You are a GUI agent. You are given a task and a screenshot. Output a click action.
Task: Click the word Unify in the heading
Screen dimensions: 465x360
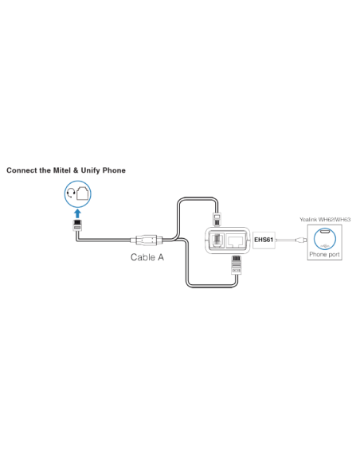(89, 170)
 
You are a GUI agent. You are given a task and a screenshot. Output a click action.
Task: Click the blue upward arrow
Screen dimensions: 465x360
(77, 213)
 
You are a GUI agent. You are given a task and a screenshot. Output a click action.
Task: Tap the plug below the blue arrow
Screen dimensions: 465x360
(77, 227)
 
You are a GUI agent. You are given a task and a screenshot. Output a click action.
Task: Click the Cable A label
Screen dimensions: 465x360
(147, 258)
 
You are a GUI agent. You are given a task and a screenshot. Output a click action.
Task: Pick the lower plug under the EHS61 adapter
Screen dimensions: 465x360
(236, 264)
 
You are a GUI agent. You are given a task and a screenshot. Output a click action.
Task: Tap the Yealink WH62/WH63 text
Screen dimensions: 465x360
(323, 218)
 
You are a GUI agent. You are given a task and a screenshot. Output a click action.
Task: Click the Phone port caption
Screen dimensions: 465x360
(323, 256)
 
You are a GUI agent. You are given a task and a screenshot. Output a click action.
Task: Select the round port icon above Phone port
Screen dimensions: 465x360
(323, 236)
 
